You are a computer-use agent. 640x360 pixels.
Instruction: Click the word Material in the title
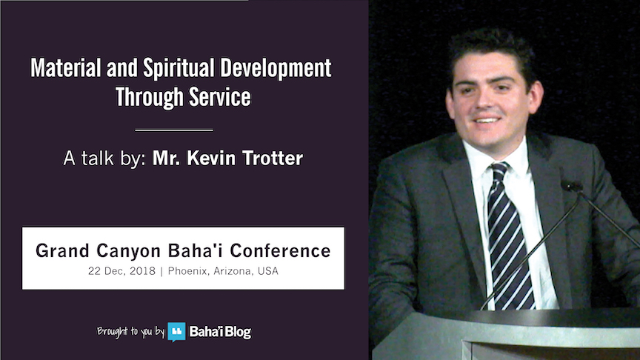coord(66,67)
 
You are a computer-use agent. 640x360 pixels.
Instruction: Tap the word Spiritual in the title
coord(179,67)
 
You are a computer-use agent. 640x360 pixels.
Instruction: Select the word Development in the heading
coord(276,67)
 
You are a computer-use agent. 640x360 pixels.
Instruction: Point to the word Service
coord(219,97)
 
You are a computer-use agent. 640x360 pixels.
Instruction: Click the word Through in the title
coord(150,98)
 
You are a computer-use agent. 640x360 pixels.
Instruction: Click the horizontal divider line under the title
coord(174,130)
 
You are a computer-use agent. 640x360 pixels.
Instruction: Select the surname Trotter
coord(273,159)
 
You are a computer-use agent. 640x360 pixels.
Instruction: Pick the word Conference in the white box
coord(280,250)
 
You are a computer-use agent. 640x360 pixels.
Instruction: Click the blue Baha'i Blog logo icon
coord(176,332)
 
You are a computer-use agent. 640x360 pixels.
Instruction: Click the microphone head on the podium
coord(572,186)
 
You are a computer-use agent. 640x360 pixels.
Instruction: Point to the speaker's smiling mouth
coord(487,120)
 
